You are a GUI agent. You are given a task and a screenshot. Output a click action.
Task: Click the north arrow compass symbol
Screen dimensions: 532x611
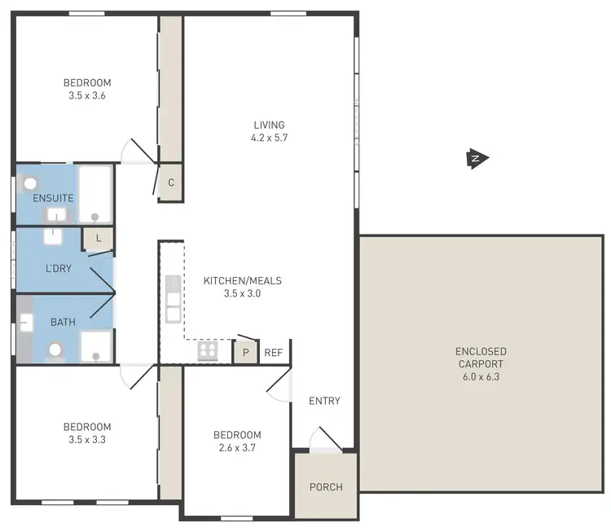477,159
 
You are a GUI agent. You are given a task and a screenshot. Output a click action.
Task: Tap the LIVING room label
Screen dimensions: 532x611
269,125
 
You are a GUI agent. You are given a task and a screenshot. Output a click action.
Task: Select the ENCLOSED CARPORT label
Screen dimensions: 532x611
481,358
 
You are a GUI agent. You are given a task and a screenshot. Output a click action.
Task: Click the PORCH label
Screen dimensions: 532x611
326,487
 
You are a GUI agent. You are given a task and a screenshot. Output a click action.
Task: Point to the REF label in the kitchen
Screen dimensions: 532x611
273,353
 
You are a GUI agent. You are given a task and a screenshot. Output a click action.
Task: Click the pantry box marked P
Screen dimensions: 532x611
245,352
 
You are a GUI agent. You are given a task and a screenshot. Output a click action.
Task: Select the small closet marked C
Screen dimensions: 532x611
171,182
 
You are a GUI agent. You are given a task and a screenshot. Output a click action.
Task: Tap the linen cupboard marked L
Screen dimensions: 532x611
99,238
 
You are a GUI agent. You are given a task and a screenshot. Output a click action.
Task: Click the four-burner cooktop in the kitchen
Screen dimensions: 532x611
208,350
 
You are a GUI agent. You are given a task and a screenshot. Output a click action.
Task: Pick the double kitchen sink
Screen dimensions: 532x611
173,300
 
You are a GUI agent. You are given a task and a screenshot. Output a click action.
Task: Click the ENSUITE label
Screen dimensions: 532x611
54,198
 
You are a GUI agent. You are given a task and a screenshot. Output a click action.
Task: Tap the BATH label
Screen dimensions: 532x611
63,322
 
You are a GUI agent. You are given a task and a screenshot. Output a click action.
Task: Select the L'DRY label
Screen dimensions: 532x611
58,267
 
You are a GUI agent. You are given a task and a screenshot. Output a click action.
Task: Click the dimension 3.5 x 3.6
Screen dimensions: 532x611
87,95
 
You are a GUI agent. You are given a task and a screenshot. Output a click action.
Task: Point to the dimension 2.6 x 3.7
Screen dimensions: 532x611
237,447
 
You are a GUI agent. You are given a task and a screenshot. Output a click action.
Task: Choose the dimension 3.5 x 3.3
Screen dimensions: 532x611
87,439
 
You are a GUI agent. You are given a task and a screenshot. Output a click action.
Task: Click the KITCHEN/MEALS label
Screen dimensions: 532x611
242,280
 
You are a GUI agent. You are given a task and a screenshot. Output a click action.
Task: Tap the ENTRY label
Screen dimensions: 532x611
324,401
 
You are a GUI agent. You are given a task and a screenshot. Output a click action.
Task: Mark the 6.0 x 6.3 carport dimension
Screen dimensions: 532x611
481,377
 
